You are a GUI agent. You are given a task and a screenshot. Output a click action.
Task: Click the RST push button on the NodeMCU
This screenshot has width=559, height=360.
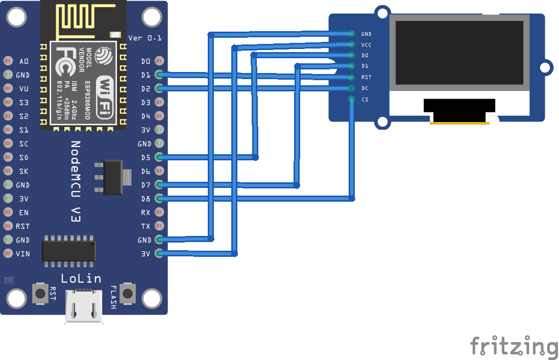pyautogui.click(x=40, y=293)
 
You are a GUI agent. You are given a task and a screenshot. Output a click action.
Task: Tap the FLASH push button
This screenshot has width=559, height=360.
pyautogui.click(x=128, y=293)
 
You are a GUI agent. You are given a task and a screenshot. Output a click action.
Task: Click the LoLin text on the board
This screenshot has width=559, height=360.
pyautogui.click(x=81, y=278)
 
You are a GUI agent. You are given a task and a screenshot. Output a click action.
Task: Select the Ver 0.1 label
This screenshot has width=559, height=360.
pyautogui.click(x=144, y=38)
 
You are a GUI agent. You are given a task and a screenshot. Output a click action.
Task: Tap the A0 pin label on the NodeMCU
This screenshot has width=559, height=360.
pyautogui.click(x=24, y=61)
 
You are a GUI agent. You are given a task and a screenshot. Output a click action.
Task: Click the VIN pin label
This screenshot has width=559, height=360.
pyautogui.click(x=23, y=254)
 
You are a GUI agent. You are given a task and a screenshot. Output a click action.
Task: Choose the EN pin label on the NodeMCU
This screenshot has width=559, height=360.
pyautogui.click(x=24, y=212)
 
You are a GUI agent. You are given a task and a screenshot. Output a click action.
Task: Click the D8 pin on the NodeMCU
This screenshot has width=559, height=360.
pyautogui.click(x=159, y=199)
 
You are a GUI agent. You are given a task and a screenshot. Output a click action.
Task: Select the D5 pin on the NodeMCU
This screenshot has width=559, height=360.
pyautogui.click(x=159, y=157)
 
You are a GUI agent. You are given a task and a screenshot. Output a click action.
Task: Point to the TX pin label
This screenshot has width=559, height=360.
pyautogui.click(x=146, y=226)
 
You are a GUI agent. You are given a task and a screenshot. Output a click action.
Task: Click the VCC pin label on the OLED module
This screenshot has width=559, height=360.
pyautogui.click(x=366, y=45)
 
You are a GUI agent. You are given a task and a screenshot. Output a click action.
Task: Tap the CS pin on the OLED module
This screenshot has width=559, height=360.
pyautogui.click(x=351, y=99)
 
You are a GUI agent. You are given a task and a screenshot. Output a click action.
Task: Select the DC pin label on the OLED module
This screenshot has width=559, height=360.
pyautogui.click(x=365, y=88)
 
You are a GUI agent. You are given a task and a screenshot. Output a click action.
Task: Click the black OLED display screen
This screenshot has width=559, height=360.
pyautogui.click(x=459, y=53)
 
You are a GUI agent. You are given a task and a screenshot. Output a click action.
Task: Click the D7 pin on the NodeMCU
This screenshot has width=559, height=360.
pyautogui.click(x=159, y=185)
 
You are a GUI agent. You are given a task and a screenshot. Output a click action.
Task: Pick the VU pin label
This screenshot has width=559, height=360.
pyautogui.click(x=24, y=89)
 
